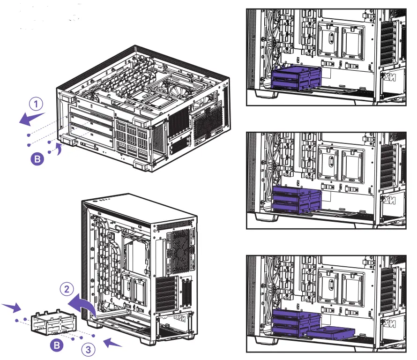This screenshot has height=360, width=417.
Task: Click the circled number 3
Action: tap(88, 349)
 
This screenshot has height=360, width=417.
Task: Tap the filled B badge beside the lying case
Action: tap(37, 159)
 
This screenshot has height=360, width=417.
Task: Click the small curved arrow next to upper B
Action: tap(59, 149)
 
